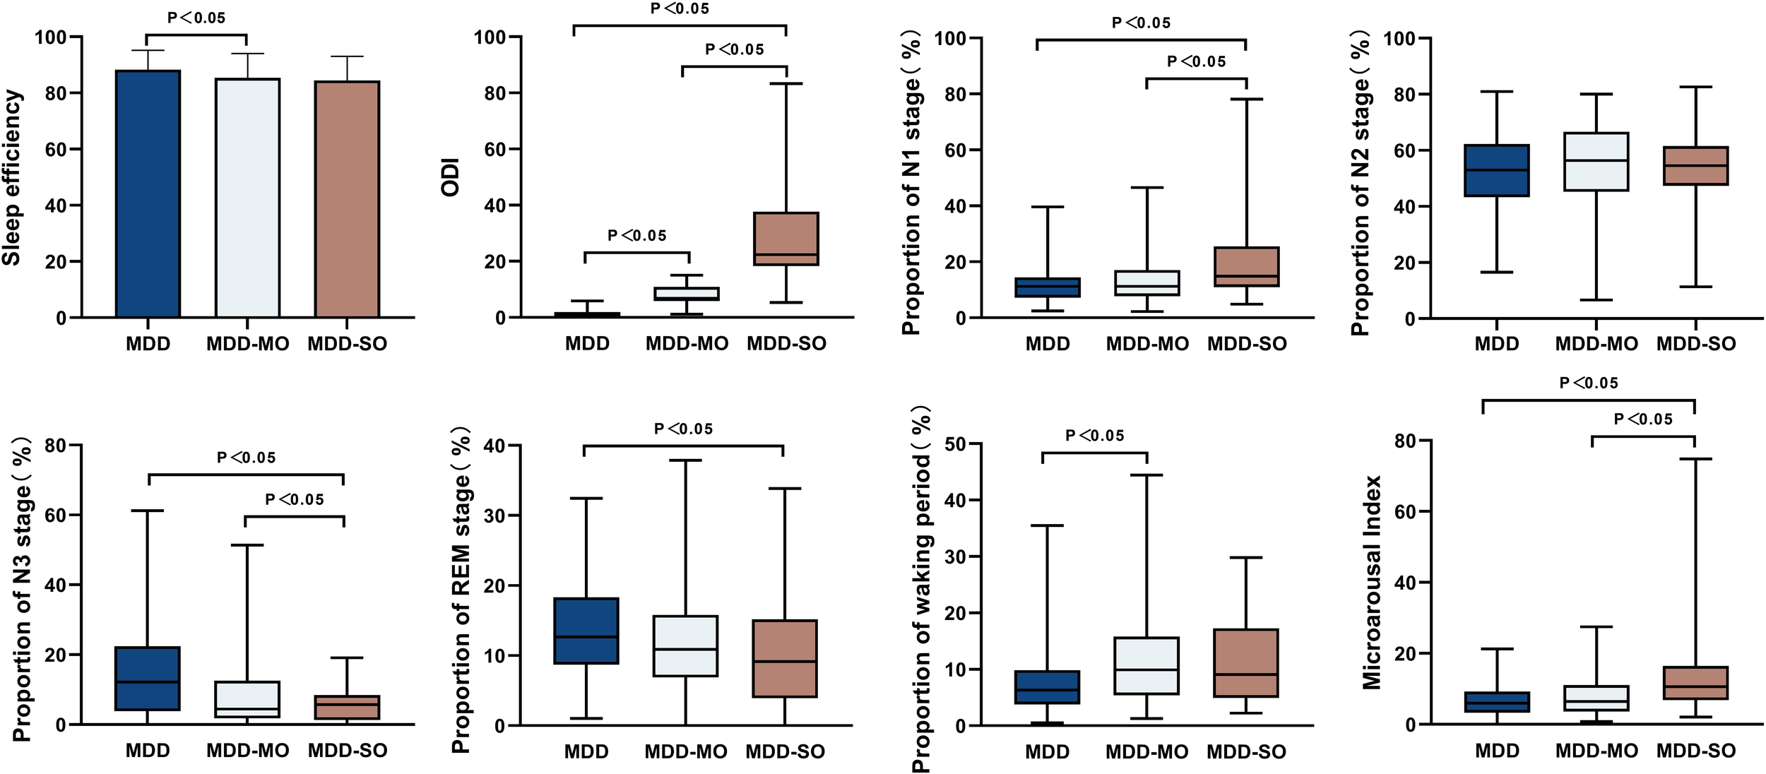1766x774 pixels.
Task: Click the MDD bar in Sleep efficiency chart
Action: [148, 194]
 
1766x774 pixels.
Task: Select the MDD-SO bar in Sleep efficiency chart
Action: [347, 199]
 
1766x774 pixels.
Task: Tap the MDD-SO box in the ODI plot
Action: [786, 239]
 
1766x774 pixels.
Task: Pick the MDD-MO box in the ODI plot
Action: [687, 294]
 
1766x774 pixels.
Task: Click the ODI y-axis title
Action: [450, 177]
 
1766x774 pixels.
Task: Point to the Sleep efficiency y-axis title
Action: [12, 177]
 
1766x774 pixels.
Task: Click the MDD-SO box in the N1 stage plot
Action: [1246, 267]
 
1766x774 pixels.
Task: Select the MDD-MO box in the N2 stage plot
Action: [1596, 162]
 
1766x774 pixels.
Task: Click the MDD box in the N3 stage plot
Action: [148, 679]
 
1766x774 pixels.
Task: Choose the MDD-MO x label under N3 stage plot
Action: [247, 751]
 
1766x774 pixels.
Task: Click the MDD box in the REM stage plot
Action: [586, 631]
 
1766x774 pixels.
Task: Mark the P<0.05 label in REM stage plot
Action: [683, 429]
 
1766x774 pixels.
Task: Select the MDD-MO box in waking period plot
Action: [1146, 666]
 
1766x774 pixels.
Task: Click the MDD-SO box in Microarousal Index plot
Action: [1695, 683]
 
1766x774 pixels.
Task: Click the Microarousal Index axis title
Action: [1372, 583]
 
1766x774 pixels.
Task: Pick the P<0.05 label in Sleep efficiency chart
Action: [196, 18]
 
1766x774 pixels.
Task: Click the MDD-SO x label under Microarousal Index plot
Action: [1695, 751]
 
